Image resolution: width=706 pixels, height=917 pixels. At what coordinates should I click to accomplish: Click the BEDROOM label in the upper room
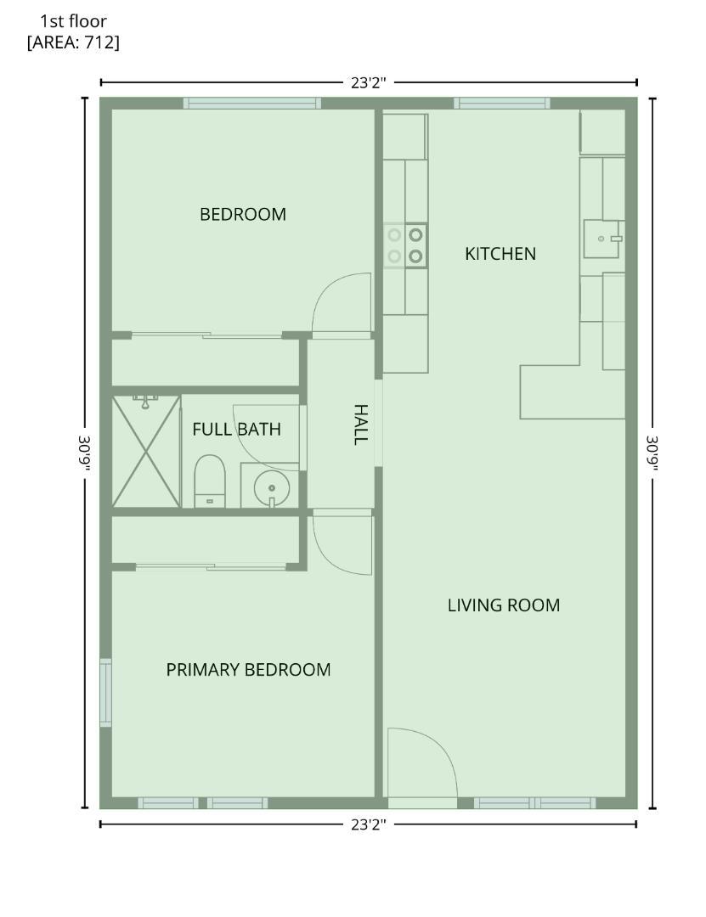243,215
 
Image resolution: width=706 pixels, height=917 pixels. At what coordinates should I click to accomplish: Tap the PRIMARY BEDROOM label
248,670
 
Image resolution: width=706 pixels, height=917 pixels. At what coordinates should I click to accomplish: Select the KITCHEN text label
500,254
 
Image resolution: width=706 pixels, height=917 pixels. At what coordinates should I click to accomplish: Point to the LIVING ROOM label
504,605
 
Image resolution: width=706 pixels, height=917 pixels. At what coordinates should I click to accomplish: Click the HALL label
360,425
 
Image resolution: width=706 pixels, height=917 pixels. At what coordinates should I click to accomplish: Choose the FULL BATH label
236,430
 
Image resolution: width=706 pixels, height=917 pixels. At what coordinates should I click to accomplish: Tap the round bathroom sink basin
272,487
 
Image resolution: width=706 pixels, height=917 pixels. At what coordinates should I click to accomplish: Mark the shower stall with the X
146,451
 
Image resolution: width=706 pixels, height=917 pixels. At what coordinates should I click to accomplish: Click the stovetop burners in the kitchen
405,245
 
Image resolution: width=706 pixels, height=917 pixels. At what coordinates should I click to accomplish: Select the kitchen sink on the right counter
603,239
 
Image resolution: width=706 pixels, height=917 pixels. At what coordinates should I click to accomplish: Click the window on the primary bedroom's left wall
105,693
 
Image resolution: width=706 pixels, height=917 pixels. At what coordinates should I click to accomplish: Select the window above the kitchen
502,104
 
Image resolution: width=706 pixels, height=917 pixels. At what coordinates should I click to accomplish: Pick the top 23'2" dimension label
369,82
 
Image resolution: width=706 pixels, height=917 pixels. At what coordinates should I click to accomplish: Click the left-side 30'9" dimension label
84,453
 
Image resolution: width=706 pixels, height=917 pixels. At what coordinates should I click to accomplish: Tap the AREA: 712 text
73,42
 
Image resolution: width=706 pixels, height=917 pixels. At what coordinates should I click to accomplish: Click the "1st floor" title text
73,21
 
